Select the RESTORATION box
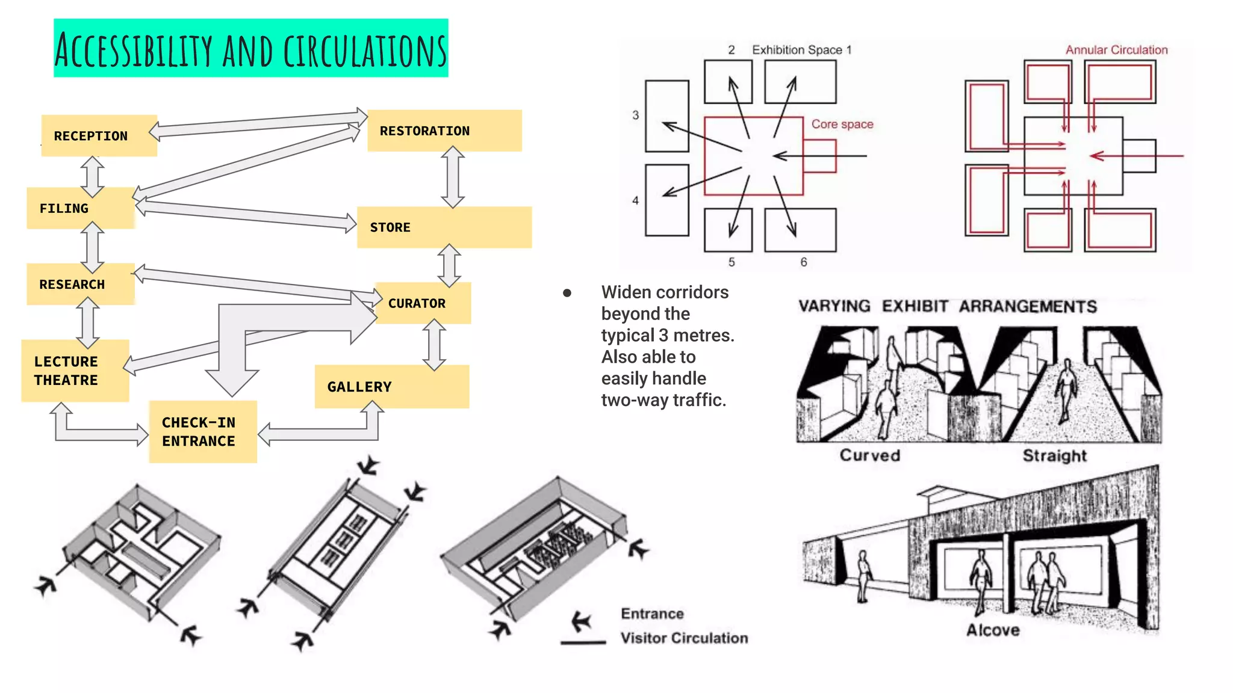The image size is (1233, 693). pos(444,131)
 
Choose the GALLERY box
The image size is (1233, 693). pos(391,387)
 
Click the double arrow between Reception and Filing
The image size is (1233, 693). pos(93,176)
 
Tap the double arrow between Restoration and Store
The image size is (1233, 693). pos(453,177)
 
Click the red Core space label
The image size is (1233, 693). pos(842,125)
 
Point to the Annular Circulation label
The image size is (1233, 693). pos(1116,50)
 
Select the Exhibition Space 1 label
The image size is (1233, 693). pos(801,50)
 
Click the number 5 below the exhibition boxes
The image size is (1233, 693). pos(731,262)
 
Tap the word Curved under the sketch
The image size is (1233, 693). pos(869,455)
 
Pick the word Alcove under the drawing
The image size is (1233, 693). pos(993,630)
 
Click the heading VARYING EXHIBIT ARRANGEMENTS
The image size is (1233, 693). pos(947,306)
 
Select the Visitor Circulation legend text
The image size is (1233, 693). pos(684,638)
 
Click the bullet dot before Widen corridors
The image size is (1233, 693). pos(567,293)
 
